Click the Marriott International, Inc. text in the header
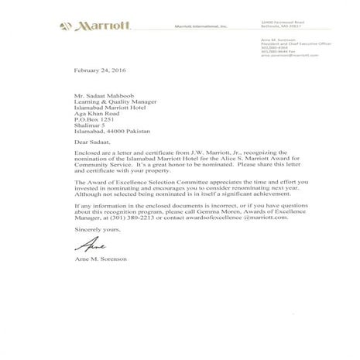click(201, 27)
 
